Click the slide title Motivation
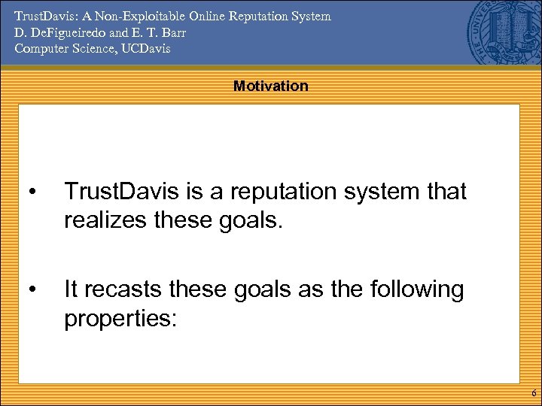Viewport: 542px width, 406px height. pos(270,86)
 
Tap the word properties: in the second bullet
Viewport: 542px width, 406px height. pos(120,319)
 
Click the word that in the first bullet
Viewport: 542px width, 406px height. pos(445,192)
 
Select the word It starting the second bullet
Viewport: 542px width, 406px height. pos(72,289)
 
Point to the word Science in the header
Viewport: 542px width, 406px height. pos(92,49)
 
